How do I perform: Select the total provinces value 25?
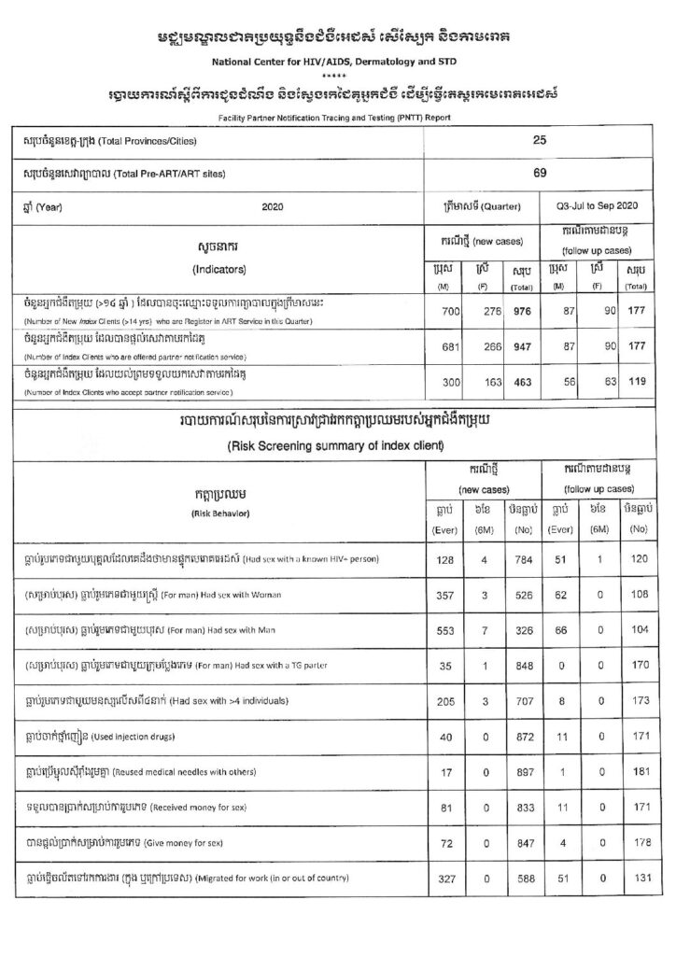(540, 139)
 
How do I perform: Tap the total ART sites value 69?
(540, 173)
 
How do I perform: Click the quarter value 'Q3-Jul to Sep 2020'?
(594, 205)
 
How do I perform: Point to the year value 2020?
(273, 205)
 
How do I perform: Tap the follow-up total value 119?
(637, 383)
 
